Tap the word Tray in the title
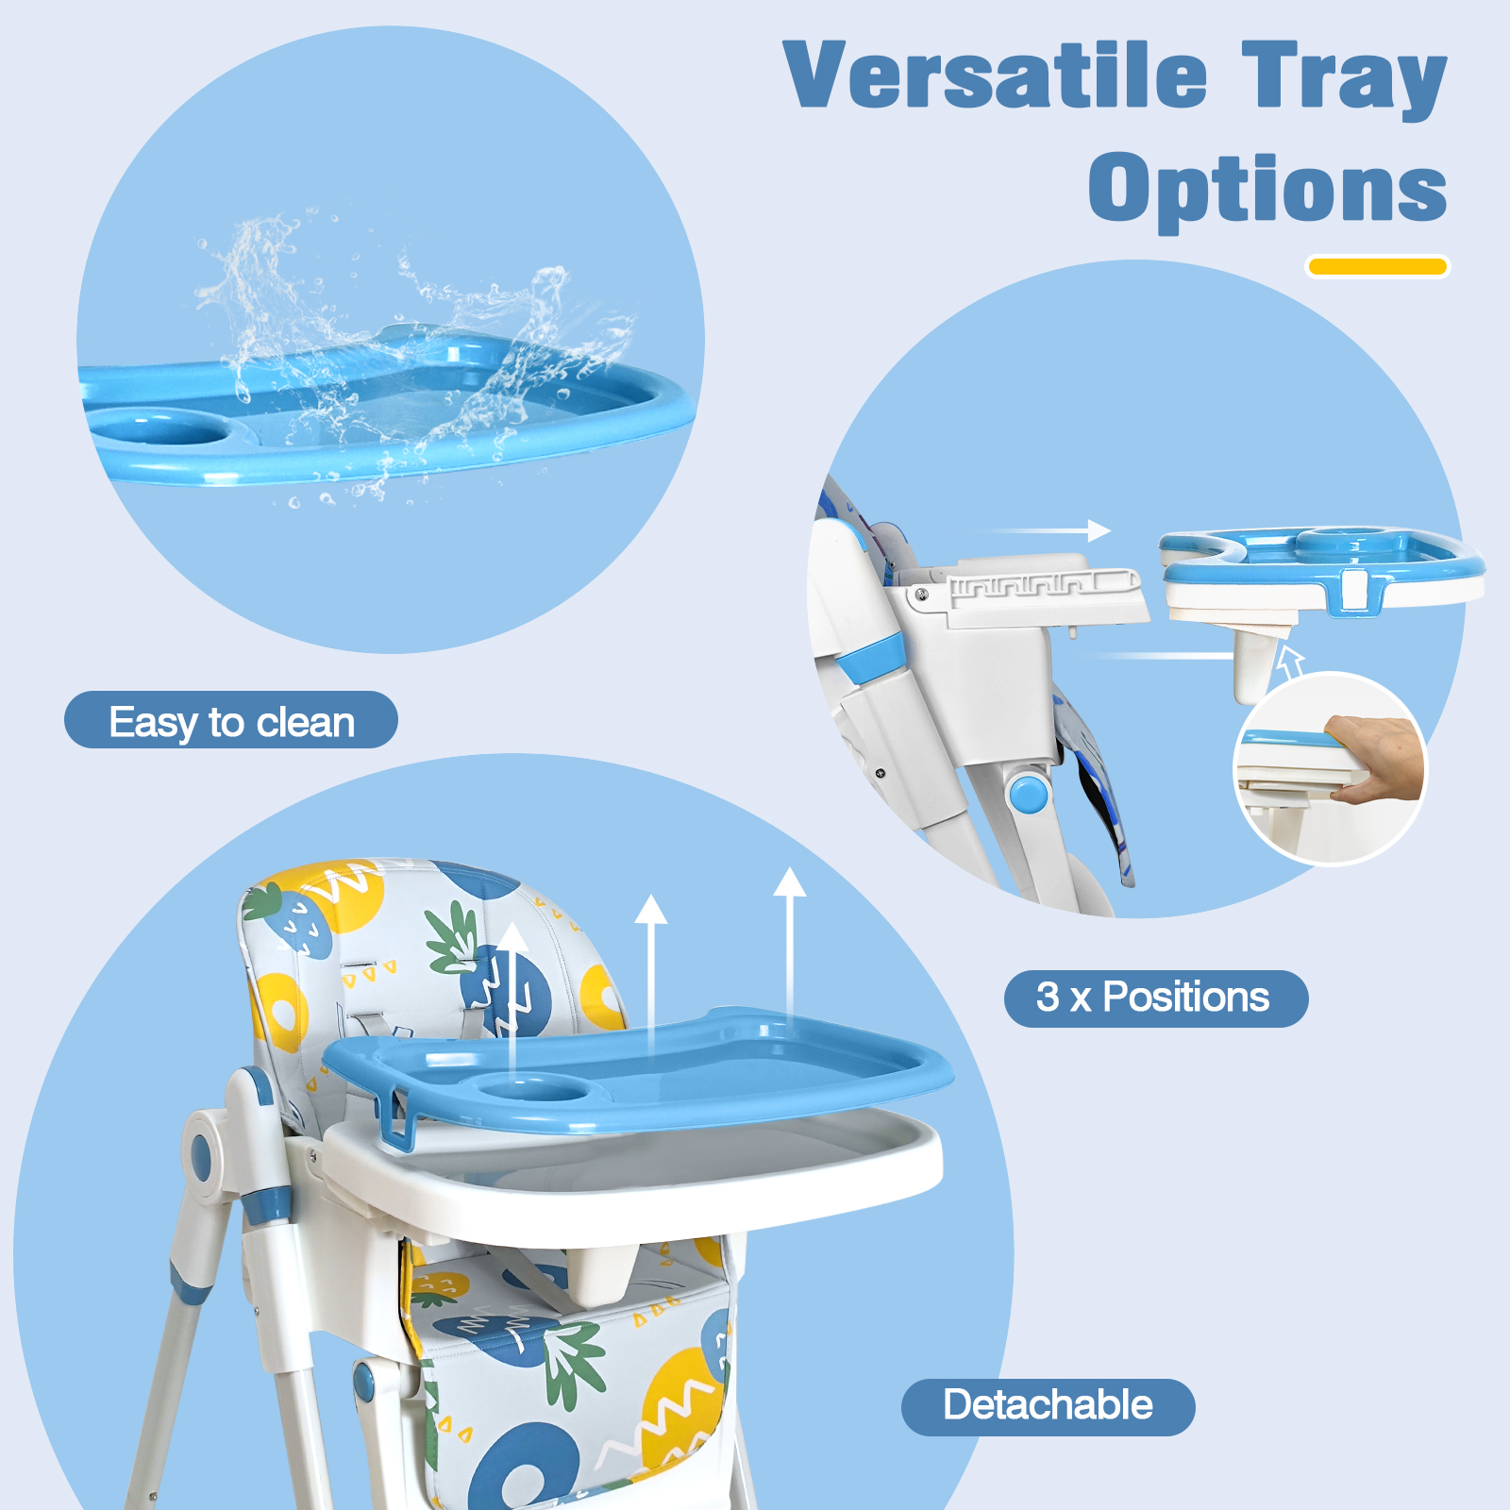(x=1344, y=79)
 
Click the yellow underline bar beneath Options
(x=1378, y=267)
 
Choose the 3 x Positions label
(x=1156, y=998)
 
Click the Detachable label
(x=1049, y=1407)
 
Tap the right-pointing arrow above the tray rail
(x=1048, y=530)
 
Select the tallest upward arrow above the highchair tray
(x=790, y=945)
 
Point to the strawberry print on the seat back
(x=288, y=920)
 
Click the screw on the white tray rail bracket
(x=922, y=595)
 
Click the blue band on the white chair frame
(x=871, y=658)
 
